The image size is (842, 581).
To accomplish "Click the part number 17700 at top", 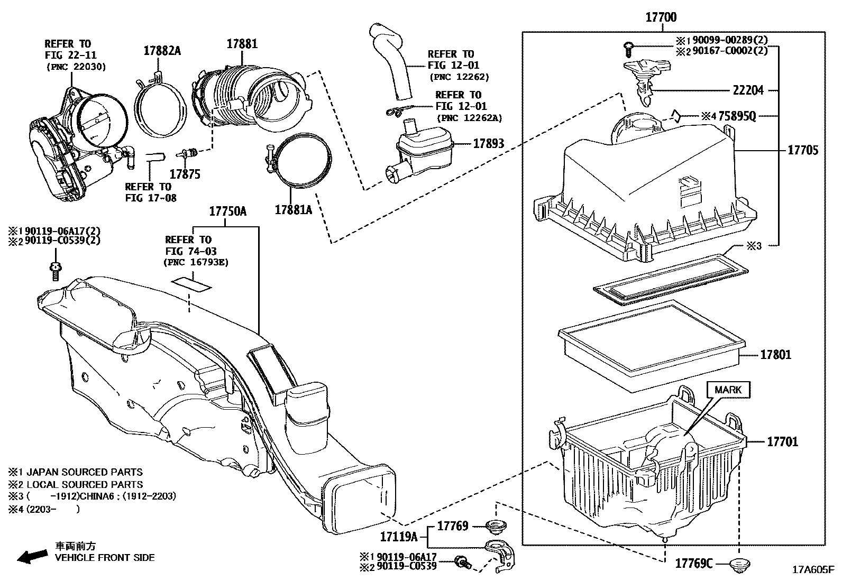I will tap(661, 17).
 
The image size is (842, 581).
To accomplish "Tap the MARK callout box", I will tap(728, 390).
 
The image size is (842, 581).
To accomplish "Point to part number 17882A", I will tap(162, 51).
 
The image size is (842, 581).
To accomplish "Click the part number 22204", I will tap(748, 90).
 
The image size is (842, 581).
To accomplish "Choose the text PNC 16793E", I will tap(196, 262).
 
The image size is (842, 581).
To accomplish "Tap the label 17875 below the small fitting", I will tap(185, 174).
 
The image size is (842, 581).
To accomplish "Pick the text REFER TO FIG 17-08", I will tap(150, 192).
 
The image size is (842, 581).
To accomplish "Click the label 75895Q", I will tap(737, 116).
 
